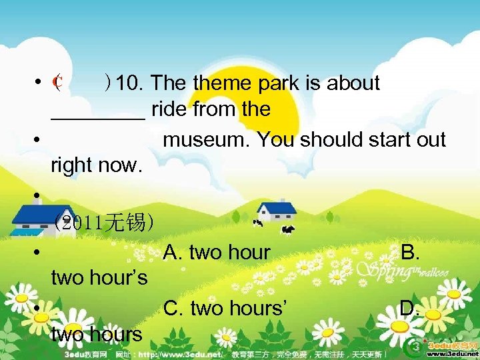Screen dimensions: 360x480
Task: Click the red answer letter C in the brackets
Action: [x=58, y=84]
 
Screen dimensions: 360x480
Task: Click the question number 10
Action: [x=131, y=83]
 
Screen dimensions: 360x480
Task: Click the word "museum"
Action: [x=207, y=140]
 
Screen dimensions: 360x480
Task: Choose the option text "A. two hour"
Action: [x=217, y=253]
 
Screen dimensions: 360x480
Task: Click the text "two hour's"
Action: [x=99, y=277]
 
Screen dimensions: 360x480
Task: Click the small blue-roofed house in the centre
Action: [x=277, y=211]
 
